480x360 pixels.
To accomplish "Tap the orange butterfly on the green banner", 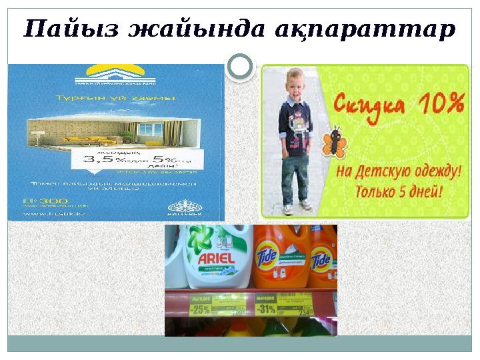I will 329,142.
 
